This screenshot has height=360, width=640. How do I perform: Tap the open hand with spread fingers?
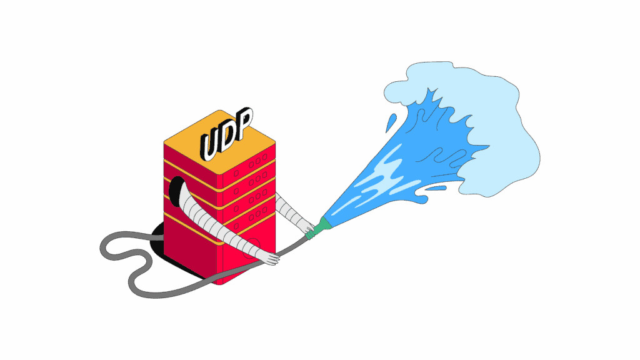coord(266,257)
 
